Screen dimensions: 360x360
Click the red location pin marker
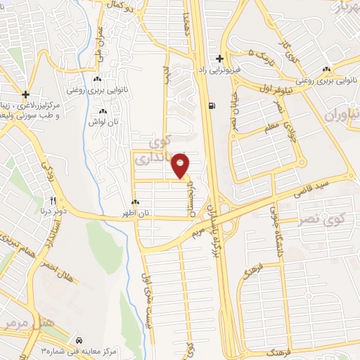[x=181, y=165]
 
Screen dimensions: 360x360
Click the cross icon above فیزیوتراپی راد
[x=220, y=58]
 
